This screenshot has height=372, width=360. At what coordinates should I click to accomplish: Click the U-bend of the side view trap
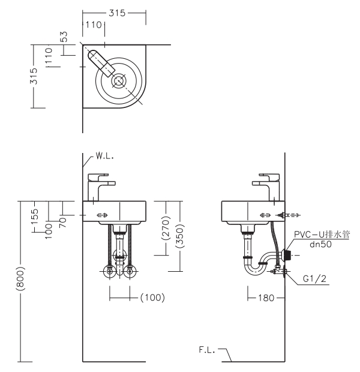tap(253, 269)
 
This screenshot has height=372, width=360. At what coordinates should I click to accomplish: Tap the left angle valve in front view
tap(110, 271)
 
